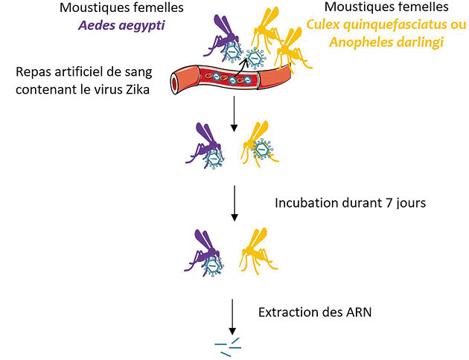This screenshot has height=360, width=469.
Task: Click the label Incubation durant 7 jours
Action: pos(350,202)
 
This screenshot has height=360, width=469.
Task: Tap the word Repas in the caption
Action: pos(36,73)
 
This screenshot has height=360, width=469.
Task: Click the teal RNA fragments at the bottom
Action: pos(228,344)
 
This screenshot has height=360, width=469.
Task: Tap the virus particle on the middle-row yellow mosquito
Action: pos(262,151)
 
